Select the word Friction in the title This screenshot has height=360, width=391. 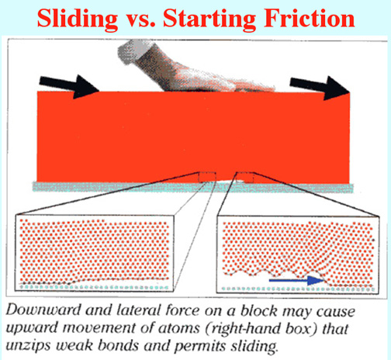click(309, 18)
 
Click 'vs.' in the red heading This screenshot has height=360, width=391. click(140, 21)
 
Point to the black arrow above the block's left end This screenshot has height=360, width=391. click(69, 86)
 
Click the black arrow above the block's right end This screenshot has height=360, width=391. click(320, 88)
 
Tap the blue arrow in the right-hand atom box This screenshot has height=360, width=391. click(296, 280)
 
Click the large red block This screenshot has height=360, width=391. click(193, 137)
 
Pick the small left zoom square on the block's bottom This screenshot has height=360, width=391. click(207, 177)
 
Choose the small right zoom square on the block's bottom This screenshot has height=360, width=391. click(245, 177)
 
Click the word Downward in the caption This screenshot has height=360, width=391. click(43, 310)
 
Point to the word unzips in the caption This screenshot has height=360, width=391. click(27, 347)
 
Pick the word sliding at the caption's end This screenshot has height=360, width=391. click(254, 346)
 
